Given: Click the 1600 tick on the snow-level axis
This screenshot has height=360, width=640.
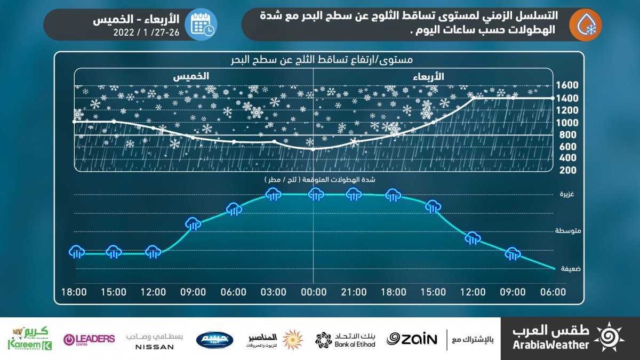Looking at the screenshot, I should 567,85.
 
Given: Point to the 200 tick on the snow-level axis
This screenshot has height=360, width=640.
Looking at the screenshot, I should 567,170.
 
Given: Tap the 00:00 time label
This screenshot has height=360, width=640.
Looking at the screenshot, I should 314,292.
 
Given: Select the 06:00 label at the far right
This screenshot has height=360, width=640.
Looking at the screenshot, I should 553,292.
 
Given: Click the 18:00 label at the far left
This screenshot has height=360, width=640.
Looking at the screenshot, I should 74,292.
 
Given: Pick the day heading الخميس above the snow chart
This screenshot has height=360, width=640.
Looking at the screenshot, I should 190,77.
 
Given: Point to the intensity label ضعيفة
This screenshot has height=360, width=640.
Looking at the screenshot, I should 570,269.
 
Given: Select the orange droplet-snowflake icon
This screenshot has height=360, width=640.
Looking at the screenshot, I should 585,25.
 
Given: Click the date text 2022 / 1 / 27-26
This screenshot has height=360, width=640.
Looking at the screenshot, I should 147,32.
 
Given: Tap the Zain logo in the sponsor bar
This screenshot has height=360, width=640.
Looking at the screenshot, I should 412,339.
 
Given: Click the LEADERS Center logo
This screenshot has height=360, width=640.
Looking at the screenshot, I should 89,339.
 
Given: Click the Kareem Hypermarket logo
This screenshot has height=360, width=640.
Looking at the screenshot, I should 29,339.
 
